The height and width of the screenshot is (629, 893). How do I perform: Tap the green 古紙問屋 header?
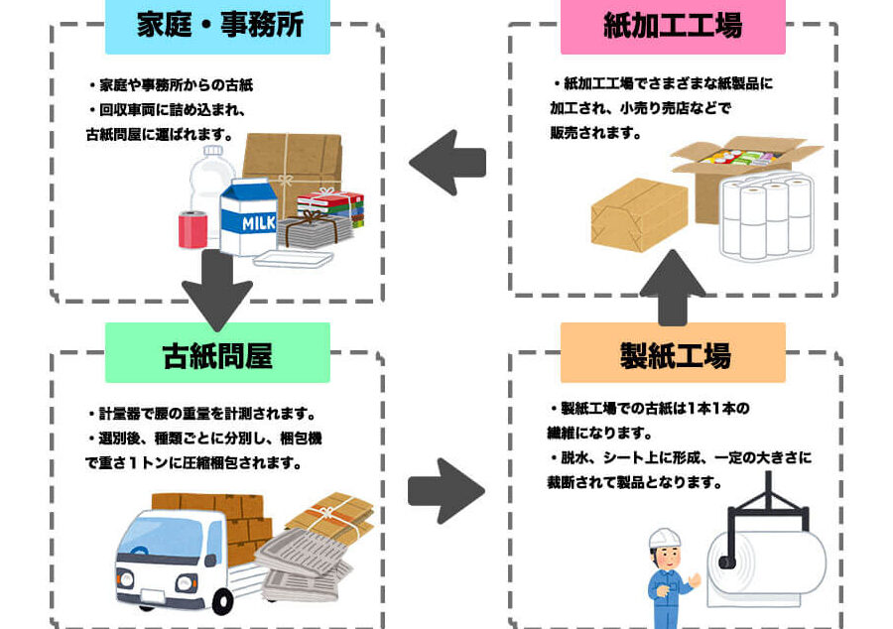217,354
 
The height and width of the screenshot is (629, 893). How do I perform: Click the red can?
191,229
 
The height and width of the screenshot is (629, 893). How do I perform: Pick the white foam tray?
293,258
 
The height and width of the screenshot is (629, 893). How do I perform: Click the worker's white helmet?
664,540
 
